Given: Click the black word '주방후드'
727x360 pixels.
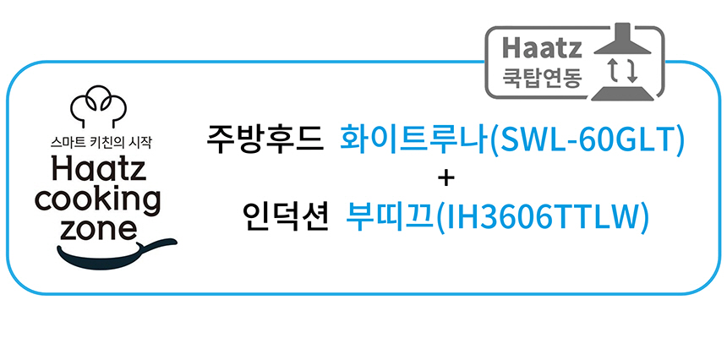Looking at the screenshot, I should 265,139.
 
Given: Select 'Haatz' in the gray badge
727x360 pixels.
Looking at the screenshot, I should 537,46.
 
